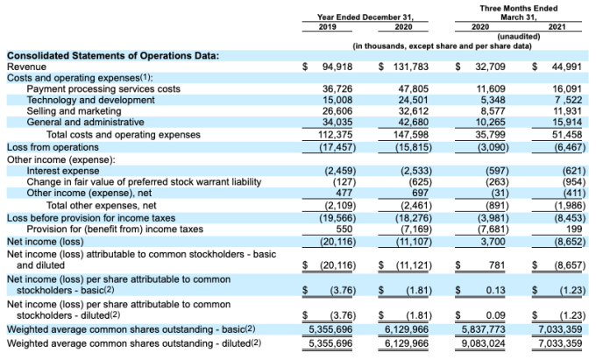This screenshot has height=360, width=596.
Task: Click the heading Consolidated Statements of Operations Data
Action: [113, 55]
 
